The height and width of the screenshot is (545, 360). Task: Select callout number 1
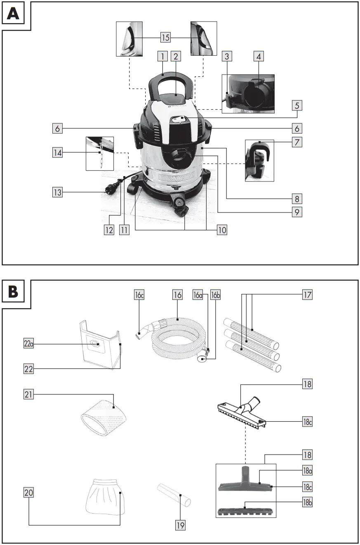click(x=163, y=56)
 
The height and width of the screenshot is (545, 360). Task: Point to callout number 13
click(x=58, y=192)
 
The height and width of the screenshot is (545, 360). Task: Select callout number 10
click(x=222, y=229)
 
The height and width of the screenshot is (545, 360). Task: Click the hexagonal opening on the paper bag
click(x=94, y=343)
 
